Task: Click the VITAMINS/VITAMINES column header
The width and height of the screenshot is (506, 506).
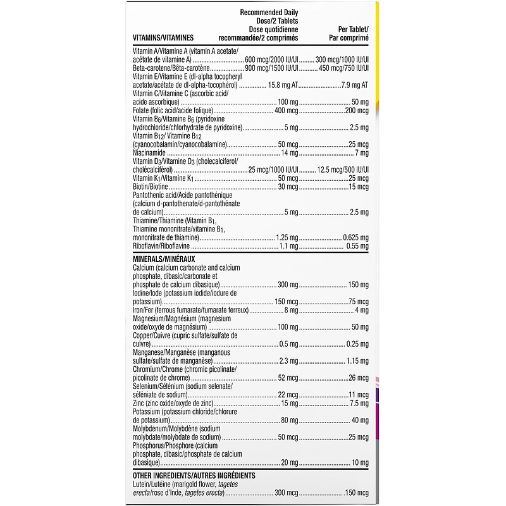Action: [x=163, y=38]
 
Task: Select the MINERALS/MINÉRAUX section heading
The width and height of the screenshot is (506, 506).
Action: [x=164, y=259]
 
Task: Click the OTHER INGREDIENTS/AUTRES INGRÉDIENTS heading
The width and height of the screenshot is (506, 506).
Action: [x=194, y=475]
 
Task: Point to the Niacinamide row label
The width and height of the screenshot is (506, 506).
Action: [x=150, y=153]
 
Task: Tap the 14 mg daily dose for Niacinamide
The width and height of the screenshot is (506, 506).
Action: [x=289, y=153]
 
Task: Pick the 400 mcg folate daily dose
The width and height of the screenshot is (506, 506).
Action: [x=287, y=111]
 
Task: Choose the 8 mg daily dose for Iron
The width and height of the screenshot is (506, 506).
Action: [x=291, y=311]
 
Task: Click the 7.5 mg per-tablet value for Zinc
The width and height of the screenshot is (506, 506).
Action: [x=359, y=404]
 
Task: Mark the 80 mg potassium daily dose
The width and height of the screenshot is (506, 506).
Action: [x=289, y=421]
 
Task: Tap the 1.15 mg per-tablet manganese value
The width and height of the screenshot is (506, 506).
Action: [x=357, y=361]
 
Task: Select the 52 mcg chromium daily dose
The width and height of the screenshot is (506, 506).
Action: [x=288, y=378]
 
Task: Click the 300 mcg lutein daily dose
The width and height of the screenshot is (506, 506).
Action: [x=287, y=492]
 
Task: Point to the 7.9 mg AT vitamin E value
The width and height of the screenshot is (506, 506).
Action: [x=355, y=85]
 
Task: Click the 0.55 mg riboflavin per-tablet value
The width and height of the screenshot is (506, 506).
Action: [x=357, y=246]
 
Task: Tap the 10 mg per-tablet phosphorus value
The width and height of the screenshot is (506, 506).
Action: [x=360, y=463]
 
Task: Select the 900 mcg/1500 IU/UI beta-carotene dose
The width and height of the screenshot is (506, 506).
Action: [x=271, y=68]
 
